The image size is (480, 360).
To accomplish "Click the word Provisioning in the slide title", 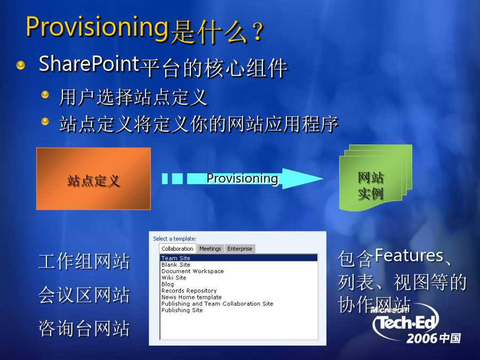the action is (98, 28).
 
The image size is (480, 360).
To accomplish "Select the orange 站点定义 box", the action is (93, 179).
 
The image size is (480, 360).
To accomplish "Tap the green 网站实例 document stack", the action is (375, 178).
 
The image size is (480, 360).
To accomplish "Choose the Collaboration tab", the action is (177, 249).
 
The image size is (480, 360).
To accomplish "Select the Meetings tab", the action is (210, 249).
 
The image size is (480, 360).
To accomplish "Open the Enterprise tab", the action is (239, 249).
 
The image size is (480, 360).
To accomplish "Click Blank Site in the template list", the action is (175, 265).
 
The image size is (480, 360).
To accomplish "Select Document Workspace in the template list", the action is (193, 271).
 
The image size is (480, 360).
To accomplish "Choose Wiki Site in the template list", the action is (174, 278).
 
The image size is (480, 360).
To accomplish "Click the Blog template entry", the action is (167, 284).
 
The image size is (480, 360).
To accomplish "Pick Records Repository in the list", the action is (189, 291).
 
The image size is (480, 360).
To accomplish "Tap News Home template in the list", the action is (191, 297).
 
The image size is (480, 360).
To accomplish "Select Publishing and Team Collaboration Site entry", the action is (218, 303).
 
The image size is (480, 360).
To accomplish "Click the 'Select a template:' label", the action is (174, 238).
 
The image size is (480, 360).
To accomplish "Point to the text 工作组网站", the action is (84, 261).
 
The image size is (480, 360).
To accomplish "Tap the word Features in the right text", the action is (409, 255).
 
